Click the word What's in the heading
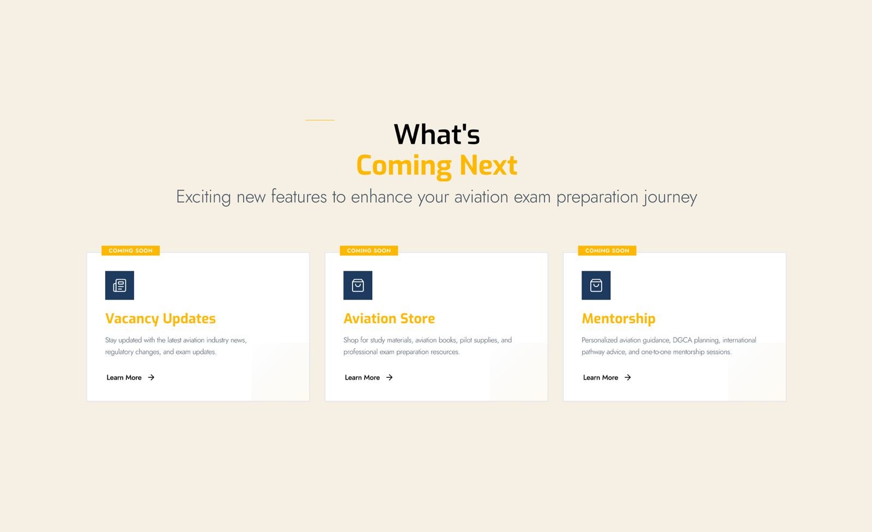coord(437,134)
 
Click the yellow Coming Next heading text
coord(437,166)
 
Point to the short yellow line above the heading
coord(319,120)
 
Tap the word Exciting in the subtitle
coord(203,197)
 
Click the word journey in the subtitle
coord(670,197)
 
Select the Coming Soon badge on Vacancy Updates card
coord(130,250)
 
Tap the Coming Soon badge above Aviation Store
coord(368,250)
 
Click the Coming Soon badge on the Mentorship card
coord(607,250)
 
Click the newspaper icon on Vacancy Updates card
coord(119,285)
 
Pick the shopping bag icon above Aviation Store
coord(358,285)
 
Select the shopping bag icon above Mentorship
coord(596,285)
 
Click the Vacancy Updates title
coord(160,319)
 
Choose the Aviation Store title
coord(389,319)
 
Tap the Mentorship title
coord(618,319)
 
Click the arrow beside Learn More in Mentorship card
coord(627,377)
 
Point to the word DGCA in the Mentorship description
coord(682,340)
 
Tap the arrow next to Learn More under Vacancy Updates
coord(151,377)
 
